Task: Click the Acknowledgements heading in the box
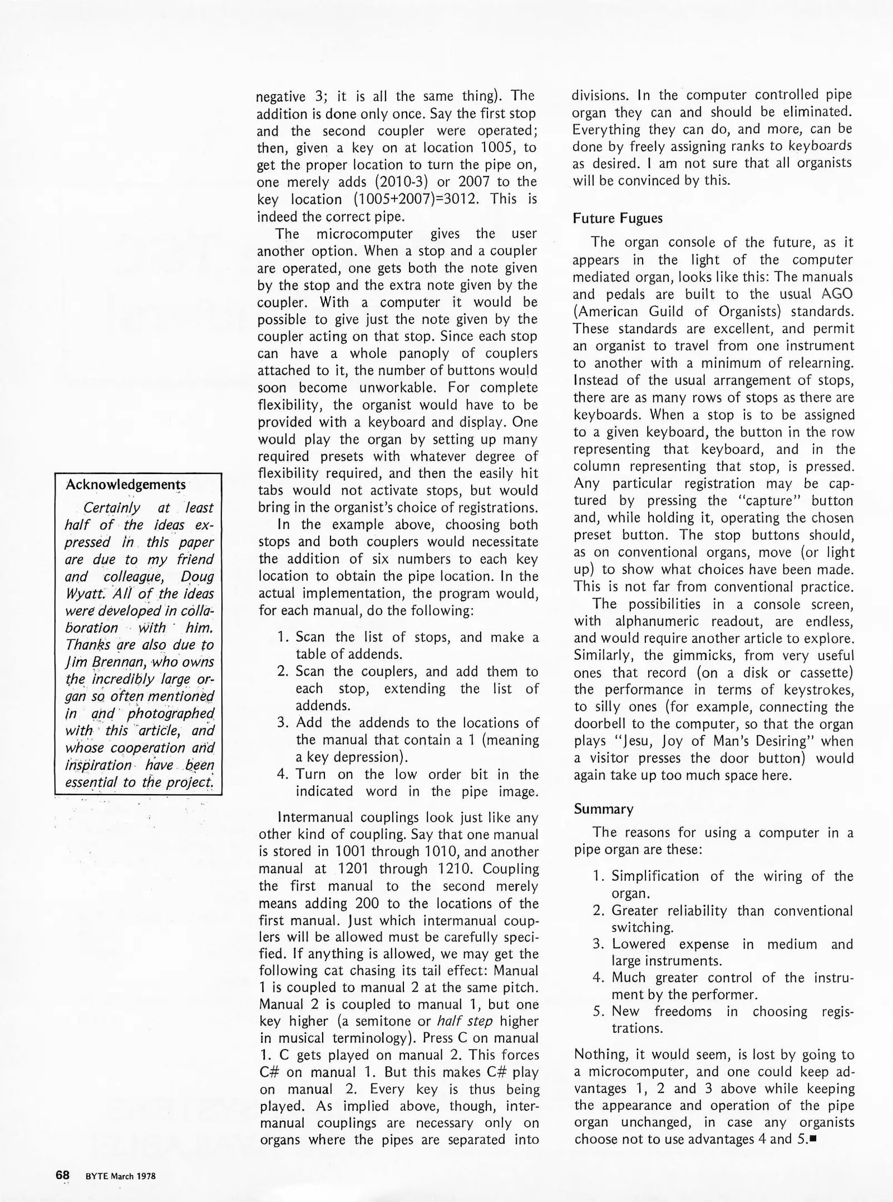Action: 126,484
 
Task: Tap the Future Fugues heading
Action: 618,218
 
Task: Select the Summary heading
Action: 604,809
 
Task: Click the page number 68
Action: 62,1175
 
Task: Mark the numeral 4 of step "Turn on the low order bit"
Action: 282,774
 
